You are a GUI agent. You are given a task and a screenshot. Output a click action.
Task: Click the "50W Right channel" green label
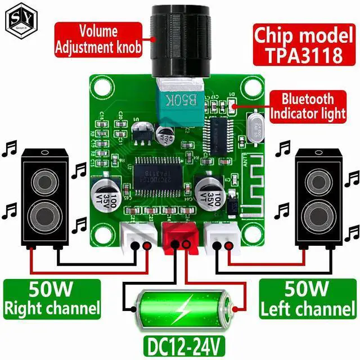52,299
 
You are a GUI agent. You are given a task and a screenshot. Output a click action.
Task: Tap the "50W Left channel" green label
308,299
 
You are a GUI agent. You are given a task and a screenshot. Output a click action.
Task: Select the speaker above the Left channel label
317,197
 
